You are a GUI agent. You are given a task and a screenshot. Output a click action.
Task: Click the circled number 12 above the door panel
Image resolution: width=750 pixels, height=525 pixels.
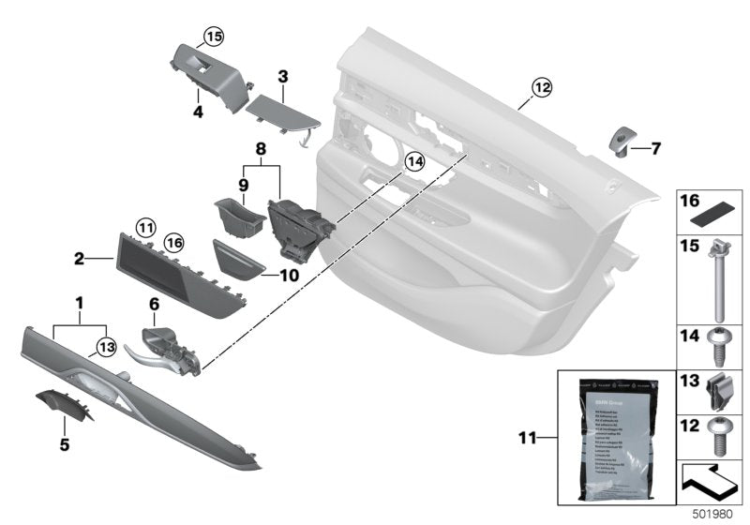point(542,87)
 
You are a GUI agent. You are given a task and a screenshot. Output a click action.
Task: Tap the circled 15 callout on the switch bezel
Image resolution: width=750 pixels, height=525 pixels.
point(214,37)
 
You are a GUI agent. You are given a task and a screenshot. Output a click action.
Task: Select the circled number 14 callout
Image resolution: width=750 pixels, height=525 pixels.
point(413,163)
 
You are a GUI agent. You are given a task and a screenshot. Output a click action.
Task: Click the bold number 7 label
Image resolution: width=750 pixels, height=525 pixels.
point(656,148)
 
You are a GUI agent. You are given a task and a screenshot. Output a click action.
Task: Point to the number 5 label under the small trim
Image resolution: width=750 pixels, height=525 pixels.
point(65,444)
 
